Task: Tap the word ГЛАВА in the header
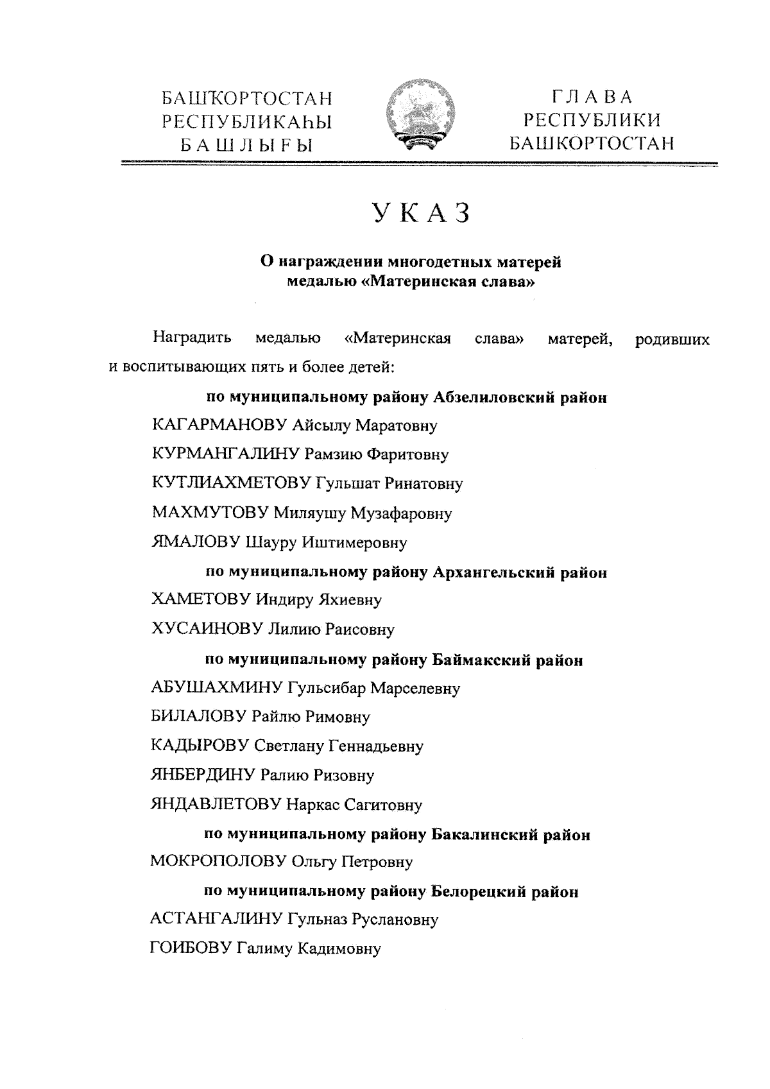[592, 97]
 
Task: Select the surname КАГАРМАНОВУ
[219, 425]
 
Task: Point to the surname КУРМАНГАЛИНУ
[225, 455]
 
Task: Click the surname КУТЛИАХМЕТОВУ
[231, 484]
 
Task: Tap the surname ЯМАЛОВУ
[196, 543]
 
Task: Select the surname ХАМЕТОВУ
[201, 601]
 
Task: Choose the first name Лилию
[294, 630]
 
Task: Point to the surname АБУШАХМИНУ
[216, 689]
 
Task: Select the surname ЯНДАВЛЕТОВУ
[216, 805]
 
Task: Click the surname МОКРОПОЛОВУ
[218, 862]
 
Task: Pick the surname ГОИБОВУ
[190, 949]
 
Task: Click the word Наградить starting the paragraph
[192, 338]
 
